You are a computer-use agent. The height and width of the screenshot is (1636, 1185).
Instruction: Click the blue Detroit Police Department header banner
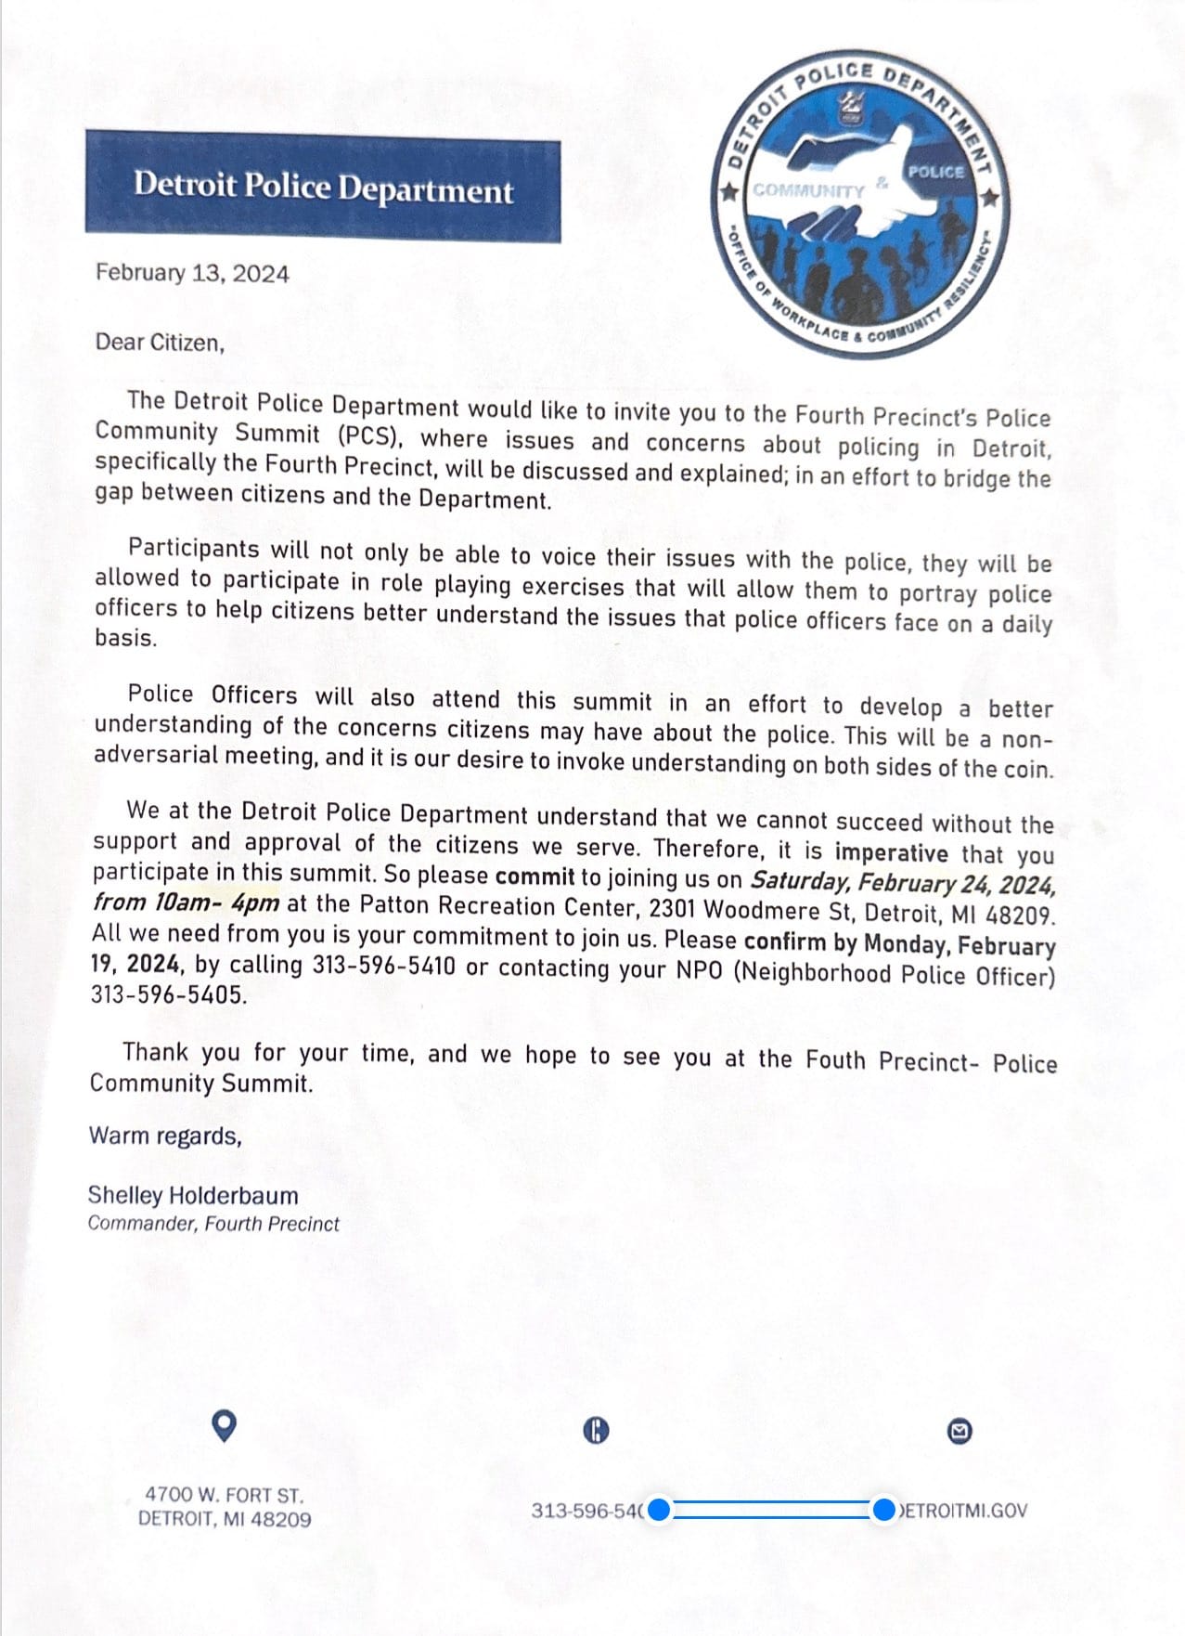[323, 188]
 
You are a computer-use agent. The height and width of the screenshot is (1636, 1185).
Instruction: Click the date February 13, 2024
[192, 273]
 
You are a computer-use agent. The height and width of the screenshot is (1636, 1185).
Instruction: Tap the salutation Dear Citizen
[160, 342]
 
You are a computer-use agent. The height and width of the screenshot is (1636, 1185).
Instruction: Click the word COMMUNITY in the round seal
[808, 190]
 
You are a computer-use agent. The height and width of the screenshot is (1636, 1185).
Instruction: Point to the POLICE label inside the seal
[935, 172]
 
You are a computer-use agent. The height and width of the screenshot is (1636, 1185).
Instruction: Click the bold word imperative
[891, 852]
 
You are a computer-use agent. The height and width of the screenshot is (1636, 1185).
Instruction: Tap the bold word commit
[535, 876]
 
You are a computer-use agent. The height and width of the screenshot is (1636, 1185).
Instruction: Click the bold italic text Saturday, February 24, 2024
[902, 881]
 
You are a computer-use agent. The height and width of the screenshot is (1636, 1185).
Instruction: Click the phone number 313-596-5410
[383, 966]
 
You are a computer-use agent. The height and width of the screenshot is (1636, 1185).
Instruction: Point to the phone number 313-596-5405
[169, 994]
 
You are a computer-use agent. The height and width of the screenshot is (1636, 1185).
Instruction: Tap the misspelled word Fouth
[836, 1059]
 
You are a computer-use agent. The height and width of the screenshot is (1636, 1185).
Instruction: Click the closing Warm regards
[165, 1136]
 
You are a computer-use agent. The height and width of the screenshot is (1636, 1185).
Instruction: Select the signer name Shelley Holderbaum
[193, 1195]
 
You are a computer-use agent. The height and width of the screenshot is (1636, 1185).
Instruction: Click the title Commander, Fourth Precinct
[213, 1224]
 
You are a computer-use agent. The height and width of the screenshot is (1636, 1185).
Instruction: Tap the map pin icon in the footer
[224, 1425]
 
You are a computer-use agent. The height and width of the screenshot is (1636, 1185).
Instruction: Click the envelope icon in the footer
[960, 1432]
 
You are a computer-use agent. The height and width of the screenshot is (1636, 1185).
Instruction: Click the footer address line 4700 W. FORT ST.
[224, 1495]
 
